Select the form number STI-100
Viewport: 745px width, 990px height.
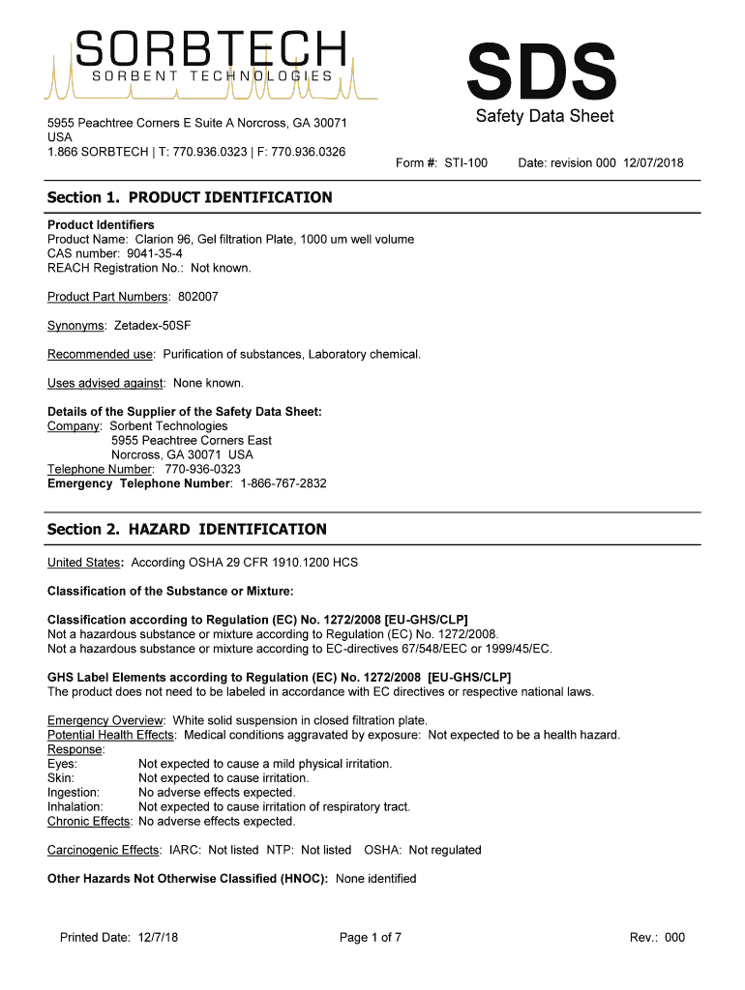tap(465, 163)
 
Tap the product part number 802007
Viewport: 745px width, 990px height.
tap(198, 297)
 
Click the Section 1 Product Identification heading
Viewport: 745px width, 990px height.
tap(190, 198)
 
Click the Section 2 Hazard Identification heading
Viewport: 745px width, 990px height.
tap(187, 530)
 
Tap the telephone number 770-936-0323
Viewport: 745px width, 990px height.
tap(203, 469)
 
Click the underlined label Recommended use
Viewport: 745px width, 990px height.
tap(101, 355)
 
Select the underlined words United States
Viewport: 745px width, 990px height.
tap(83, 563)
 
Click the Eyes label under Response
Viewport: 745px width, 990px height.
tap(63, 764)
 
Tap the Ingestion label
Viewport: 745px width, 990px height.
tap(74, 793)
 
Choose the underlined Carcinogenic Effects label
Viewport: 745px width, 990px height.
tap(104, 850)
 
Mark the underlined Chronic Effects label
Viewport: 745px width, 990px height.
tap(90, 822)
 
